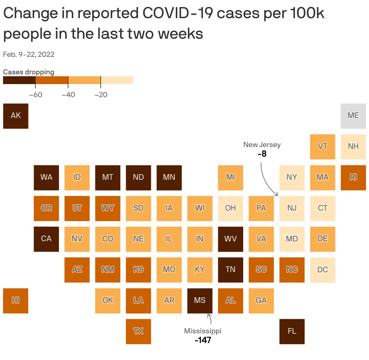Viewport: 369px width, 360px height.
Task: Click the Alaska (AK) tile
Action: click(x=16, y=116)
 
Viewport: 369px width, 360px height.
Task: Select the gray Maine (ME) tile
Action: click(x=353, y=116)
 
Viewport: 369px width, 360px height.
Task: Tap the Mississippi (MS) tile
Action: click(x=200, y=300)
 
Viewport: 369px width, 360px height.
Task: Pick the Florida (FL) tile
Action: click(x=292, y=331)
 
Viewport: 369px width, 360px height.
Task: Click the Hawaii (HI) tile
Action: click(x=16, y=300)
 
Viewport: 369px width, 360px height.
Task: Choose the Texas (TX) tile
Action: click(x=139, y=331)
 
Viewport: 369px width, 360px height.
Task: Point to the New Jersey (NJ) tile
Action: click(x=292, y=208)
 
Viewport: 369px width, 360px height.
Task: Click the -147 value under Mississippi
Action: click(x=203, y=340)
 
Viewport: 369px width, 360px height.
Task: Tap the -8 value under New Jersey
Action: click(x=262, y=154)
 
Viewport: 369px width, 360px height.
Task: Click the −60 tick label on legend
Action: click(x=36, y=95)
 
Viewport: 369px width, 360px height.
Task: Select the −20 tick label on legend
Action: click(x=101, y=95)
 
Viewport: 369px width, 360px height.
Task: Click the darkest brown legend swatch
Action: click(x=19, y=80)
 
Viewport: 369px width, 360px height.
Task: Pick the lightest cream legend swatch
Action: click(x=117, y=80)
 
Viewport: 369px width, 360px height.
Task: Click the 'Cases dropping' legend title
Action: click(x=29, y=72)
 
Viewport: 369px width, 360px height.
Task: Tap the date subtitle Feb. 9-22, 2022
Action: click(x=29, y=54)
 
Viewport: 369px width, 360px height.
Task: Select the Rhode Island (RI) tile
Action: click(x=353, y=178)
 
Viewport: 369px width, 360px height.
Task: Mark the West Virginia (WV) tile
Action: click(x=230, y=239)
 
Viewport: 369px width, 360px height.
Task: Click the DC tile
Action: click(x=322, y=270)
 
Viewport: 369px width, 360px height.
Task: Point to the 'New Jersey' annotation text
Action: click(x=262, y=145)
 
